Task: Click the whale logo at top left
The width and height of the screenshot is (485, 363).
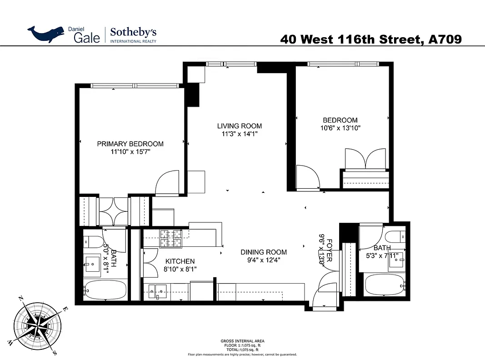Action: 46,34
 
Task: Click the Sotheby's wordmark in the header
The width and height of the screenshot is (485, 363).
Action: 134,32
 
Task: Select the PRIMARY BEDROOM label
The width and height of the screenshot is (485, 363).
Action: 130,144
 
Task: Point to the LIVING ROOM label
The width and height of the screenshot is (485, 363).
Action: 239,126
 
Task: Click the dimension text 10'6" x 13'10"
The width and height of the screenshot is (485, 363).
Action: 340,128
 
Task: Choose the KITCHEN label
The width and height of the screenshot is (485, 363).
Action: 180,261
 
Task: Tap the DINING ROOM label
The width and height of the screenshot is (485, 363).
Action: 264,252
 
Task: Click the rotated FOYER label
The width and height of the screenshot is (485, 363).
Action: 330,250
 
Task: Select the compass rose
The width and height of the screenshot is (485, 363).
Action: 36,323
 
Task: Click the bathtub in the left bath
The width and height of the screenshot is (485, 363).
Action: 104,289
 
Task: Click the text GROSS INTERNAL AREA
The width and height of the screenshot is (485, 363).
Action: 242,341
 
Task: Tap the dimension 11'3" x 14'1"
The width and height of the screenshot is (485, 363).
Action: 239,134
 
